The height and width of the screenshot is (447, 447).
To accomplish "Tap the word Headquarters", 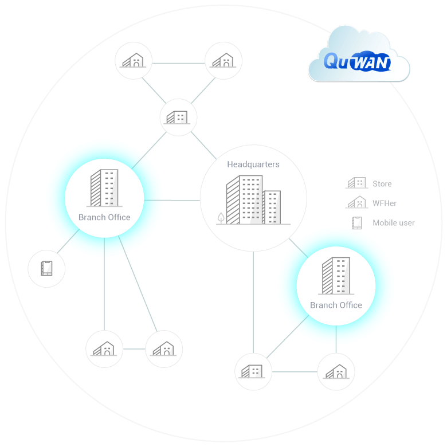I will (253, 164).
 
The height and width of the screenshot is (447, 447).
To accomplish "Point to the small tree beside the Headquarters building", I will (221, 218).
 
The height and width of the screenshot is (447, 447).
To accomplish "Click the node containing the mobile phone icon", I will (46, 268).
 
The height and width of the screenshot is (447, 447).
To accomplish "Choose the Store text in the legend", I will (382, 184).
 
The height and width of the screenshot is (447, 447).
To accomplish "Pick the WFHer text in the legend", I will (384, 203).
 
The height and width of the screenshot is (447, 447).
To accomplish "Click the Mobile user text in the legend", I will (393, 223).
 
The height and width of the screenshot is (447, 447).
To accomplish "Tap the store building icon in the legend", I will (356, 183).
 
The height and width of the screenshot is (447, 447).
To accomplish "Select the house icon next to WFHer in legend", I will (356, 202).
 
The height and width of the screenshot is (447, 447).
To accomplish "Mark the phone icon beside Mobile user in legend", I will (357, 222).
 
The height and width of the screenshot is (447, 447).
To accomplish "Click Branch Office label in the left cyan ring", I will (104, 217).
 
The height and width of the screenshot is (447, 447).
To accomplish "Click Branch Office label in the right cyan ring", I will (336, 305).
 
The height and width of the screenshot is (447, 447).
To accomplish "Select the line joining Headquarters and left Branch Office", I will (172, 200).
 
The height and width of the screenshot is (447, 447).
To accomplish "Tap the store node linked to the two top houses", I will (178, 117).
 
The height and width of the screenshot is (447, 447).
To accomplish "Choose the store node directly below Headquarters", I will (253, 371).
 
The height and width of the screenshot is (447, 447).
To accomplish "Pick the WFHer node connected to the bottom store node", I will (336, 372).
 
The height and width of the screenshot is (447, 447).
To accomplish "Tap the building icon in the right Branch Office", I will (336, 277).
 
